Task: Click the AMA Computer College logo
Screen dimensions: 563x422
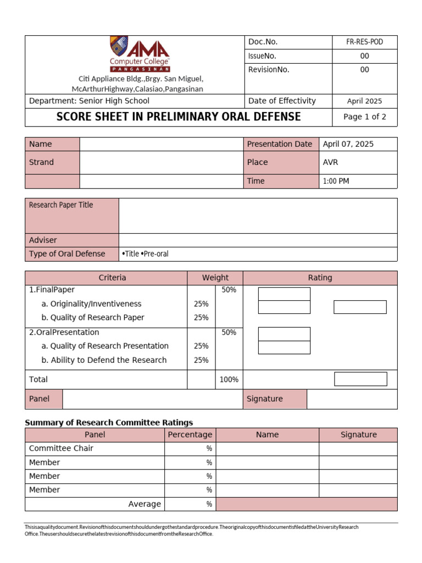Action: pyautogui.click(x=140, y=54)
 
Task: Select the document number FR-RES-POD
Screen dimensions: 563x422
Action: pyautogui.click(x=364, y=42)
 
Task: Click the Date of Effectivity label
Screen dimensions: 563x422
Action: pyautogui.click(x=282, y=101)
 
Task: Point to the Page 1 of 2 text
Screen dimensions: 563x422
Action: pyautogui.click(x=364, y=117)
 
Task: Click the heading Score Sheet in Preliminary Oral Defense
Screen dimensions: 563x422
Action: pyautogui.click(x=179, y=117)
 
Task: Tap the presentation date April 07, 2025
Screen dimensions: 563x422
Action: pyautogui.click(x=348, y=144)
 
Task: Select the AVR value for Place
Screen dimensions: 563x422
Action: pyautogui.click(x=331, y=162)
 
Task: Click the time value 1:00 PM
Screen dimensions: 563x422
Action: pyautogui.click(x=336, y=181)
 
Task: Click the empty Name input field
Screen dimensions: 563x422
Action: pyautogui.click(x=162, y=144)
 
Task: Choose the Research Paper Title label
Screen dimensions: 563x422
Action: pyautogui.click(x=61, y=205)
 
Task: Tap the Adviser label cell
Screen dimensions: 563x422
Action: pyautogui.click(x=43, y=240)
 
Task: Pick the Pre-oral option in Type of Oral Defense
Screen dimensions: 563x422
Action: pyautogui.click(x=155, y=254)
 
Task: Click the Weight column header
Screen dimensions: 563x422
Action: pyautogui.click(x=215, y=278)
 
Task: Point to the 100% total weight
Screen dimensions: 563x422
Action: pyautogui.click(x=229, y=379)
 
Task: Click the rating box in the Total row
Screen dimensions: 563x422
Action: pyautogui.click(x=360, y=379)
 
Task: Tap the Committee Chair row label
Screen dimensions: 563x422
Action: pyautogui.click(x=61, y=449)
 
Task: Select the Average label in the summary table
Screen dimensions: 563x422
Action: pyautogui.click(x=145, y=504)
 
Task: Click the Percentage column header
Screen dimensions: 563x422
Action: pyautogui.click(x=190, y=435)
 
